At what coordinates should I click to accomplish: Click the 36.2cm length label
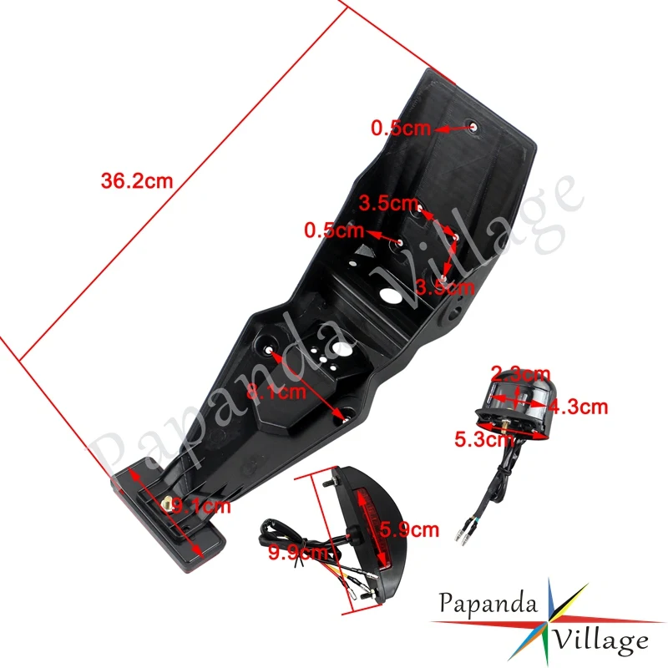136,181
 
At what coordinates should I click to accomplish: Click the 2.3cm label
520,372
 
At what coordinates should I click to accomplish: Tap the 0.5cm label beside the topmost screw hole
400,128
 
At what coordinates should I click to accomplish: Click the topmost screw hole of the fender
474,127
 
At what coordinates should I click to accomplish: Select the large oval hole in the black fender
389,296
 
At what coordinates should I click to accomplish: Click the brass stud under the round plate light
509,435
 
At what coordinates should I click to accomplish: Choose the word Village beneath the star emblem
600,640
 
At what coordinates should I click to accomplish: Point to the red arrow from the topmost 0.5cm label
451,129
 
